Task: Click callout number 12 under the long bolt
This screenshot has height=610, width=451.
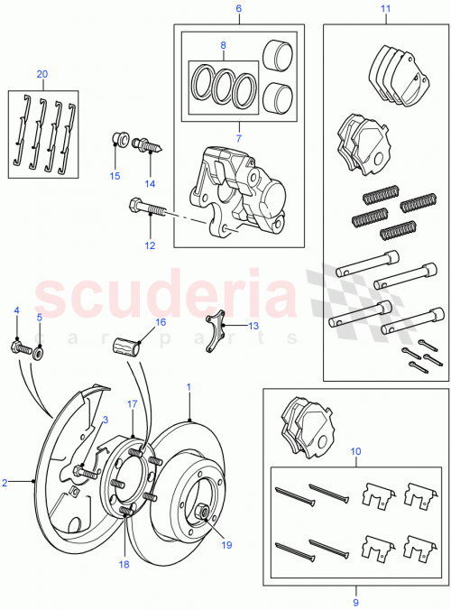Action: (150, 245)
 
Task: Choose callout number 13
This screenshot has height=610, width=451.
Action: (253, 326)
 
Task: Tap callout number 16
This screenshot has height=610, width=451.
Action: (160, 321)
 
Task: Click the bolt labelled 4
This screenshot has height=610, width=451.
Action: (19, 346)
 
